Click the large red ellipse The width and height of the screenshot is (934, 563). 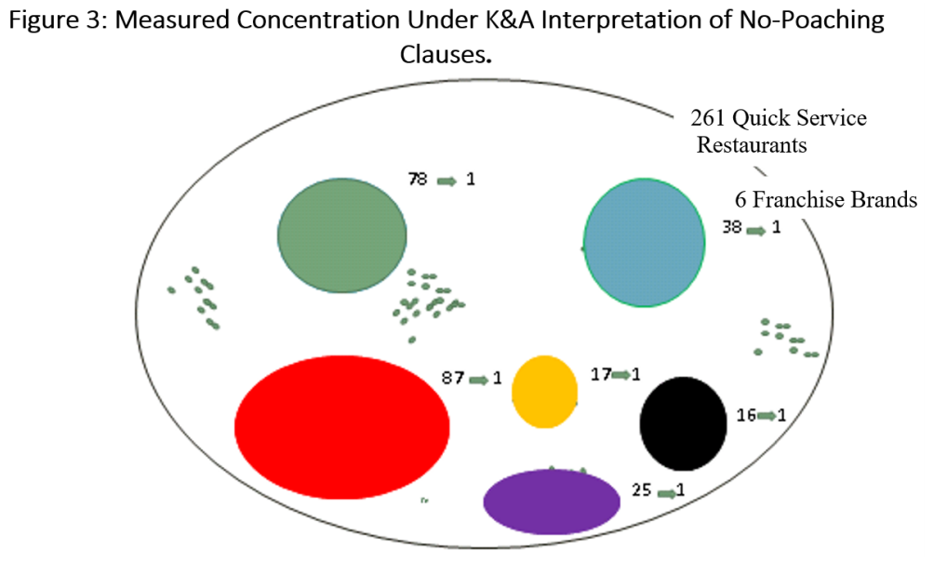(x=342, y=427)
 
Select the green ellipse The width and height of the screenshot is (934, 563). (x=342, y=235)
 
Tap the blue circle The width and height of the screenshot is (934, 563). (x=644, y=243)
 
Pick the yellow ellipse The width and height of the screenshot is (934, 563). (x=544, y=392)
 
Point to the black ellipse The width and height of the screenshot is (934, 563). (x=683, y=423)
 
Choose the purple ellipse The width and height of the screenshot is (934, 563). (x=552, y=502)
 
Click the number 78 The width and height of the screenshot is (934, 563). (x=418, y=179)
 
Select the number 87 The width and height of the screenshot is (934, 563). (x=453, y=378)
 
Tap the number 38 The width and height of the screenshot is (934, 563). (x=732, y=227)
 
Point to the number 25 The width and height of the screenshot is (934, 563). (x=642, y=489)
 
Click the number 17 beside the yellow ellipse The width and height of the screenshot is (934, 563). (x=600, y=374)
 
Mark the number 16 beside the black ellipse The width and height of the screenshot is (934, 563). (x=746, y=415)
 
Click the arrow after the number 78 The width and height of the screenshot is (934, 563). (x=447, y=181)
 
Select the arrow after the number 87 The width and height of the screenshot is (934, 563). (x=479, y=380)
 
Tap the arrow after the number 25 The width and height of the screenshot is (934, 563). (x=667, y=492)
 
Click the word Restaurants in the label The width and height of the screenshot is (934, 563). (x=752, y=145)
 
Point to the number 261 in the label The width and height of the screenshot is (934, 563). (x=708, y=118)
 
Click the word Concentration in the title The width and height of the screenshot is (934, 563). (x=318, y=20)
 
